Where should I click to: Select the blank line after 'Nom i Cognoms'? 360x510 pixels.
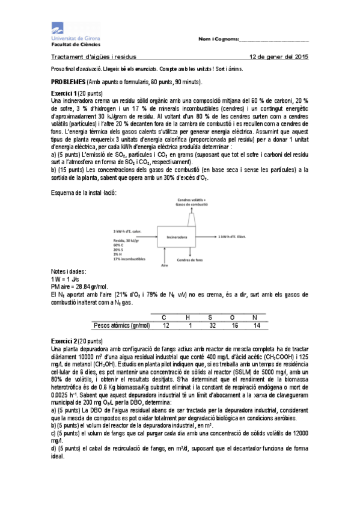click(274, 40)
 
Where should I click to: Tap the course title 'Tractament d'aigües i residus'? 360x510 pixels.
click(94, 57)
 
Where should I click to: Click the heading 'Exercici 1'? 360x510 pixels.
click(64, 93)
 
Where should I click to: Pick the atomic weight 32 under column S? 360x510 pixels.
click(212, 325)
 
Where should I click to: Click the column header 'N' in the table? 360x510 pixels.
click(255, 317)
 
